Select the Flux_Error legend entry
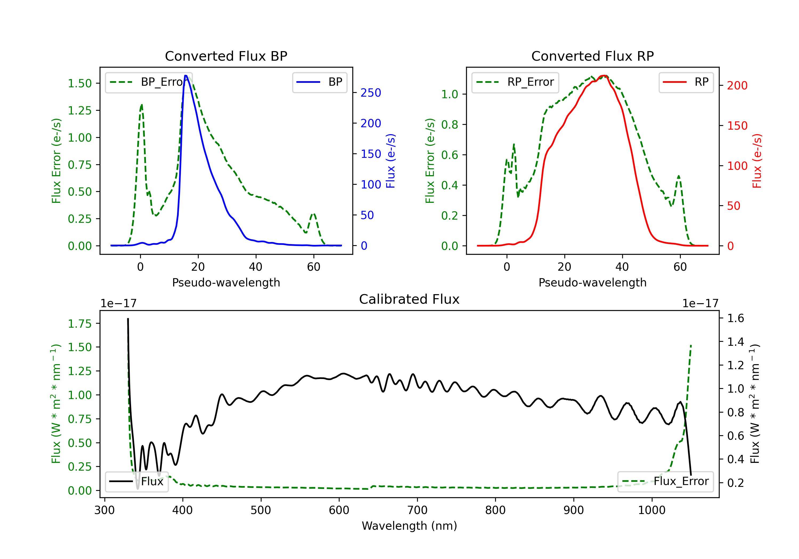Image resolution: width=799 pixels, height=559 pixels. pos(665,482)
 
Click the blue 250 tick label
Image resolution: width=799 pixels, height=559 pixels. pos(371,93)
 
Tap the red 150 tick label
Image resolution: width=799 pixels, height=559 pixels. pos(737,126)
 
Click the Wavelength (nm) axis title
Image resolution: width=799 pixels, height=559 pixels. pos(409,526)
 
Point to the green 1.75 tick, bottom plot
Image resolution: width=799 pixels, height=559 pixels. pos(80,324)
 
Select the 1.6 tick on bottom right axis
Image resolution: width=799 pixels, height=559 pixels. pos(735,318)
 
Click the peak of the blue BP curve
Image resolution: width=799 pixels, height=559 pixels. pos(186,76)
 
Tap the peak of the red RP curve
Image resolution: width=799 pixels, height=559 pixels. pos(604,76)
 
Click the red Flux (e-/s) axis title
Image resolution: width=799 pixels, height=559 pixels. pos(757,161)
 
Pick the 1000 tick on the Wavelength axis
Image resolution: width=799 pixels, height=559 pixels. pos(651,510)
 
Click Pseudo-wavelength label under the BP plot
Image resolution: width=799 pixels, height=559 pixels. pos(226,282)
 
